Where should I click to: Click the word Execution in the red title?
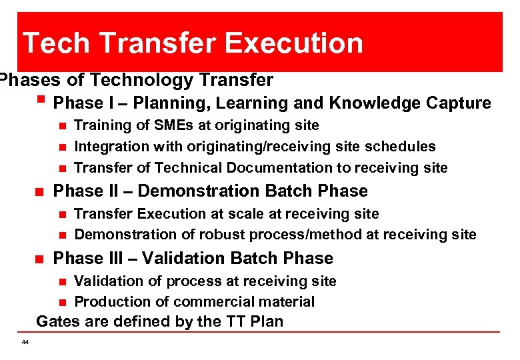pos(294,43)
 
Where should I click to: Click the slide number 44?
pos(25,342)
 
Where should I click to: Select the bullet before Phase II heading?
pos(39,191)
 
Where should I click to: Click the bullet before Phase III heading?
pos(39,258)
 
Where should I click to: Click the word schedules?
pos(401,147)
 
